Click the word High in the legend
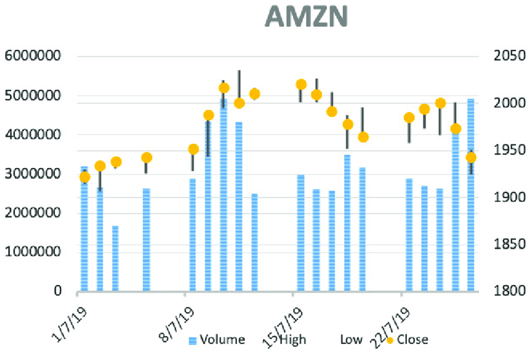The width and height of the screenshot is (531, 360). point(292,340)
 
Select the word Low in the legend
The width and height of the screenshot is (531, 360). point(352,340)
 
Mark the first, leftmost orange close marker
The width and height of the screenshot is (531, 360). point(85,177)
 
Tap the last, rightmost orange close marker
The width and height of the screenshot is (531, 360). point(471,157)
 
